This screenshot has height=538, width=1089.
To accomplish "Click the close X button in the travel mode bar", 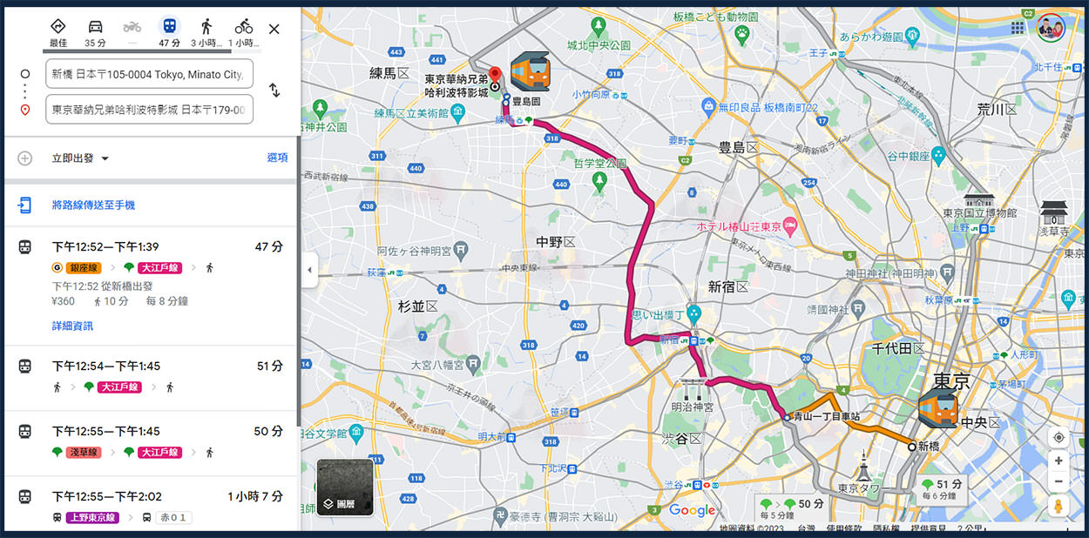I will [274, 29].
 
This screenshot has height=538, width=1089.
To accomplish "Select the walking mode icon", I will [206, 27].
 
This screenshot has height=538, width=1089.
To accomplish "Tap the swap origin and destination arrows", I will [274, 90].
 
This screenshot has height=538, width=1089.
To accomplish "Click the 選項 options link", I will [277, 158].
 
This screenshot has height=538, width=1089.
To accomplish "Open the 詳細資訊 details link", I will [72, 326].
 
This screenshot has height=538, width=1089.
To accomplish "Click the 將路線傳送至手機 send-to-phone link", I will [93, 205].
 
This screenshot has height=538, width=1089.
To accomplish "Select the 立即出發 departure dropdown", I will [80, 158].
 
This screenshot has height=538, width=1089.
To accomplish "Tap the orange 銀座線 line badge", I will [85, 267].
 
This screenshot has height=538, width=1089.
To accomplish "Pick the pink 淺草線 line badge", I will [83, 452].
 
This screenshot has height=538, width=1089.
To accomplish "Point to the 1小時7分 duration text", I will [255, 496].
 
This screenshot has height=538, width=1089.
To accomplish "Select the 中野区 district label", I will [557, 241].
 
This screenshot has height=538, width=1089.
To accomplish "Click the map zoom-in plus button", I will [1059, 461].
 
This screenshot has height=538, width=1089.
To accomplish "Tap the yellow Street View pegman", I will [1059, 506].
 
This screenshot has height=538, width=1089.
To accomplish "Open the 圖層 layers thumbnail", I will [345, 488].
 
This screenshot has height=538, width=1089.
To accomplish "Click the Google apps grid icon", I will [1018, 28].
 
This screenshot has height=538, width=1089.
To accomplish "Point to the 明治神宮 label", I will [693, 407].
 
